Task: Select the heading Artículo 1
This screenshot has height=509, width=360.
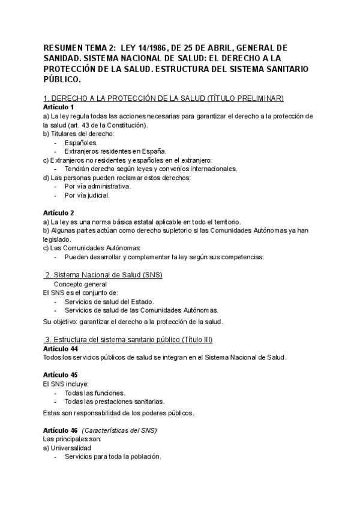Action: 59,107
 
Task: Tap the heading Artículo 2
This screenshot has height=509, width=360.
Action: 59,213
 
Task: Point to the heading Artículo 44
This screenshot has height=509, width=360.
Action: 61,349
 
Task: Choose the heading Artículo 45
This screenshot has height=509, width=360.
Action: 61,375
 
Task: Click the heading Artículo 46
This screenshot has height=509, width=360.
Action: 61,431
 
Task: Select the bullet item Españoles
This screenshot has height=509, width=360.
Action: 81,143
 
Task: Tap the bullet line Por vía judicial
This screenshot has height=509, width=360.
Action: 88,195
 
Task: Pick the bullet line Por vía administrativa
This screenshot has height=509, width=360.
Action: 98,186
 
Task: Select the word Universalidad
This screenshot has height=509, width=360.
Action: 70,448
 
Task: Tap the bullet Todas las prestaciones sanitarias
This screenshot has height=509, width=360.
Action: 114,402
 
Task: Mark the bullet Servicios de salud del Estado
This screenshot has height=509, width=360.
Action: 109,301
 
